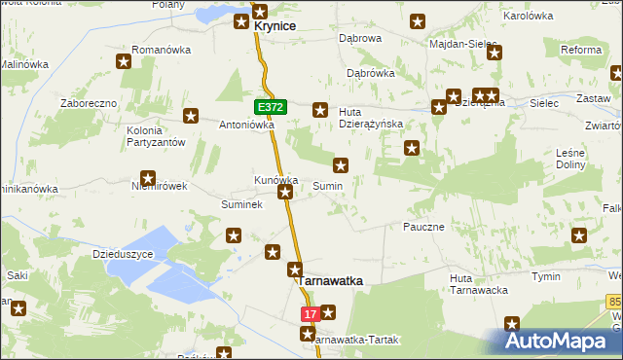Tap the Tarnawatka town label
[330, 280]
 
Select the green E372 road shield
[272, 105]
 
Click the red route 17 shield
[311, 314]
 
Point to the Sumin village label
[327, 185]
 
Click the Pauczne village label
[423, 227]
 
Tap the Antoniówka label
[246, 125]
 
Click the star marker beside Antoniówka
[192, 117]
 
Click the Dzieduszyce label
[124, 254]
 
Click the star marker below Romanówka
[125, 63]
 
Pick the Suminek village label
[240, 205]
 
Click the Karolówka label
[528, 17]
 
